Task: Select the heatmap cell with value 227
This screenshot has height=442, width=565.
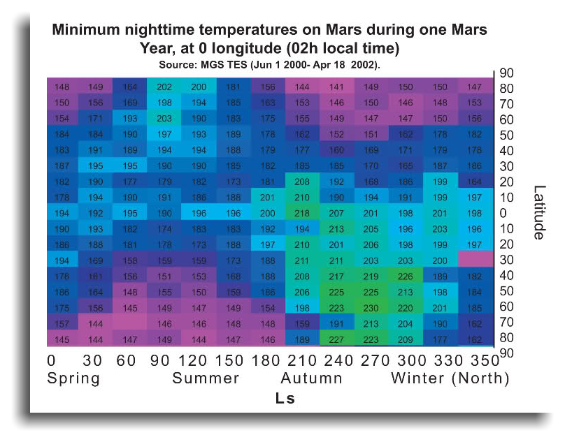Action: (337, 339)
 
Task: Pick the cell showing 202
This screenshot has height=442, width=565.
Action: (164, 87)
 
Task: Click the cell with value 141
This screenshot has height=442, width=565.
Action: (337, 87)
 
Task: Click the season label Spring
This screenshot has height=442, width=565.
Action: (73, 379)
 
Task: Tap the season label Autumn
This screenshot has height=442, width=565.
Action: (312, 379)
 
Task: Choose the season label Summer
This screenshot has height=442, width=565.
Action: (206, 379)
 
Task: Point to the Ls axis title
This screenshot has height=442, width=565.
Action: (285, 399)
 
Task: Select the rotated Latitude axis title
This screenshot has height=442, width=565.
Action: (538, 212)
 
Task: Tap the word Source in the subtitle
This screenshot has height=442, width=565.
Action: (179, 65)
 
